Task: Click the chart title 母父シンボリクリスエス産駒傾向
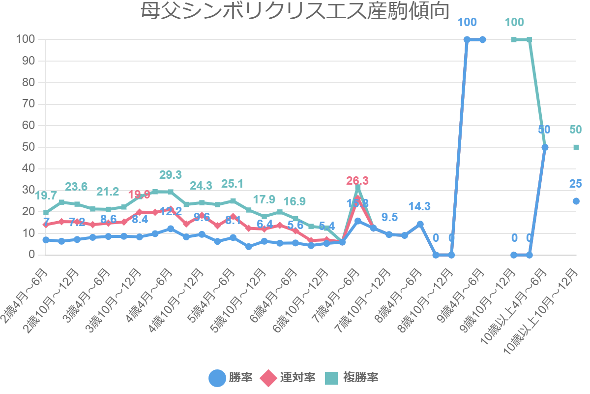(295, 11)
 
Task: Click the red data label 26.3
(357, 181)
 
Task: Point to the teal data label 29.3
(171, 175)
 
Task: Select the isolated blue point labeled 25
(576, 201)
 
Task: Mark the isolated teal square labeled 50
(576, 147)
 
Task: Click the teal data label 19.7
(46, 196)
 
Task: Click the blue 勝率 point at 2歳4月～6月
(46, 240)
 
